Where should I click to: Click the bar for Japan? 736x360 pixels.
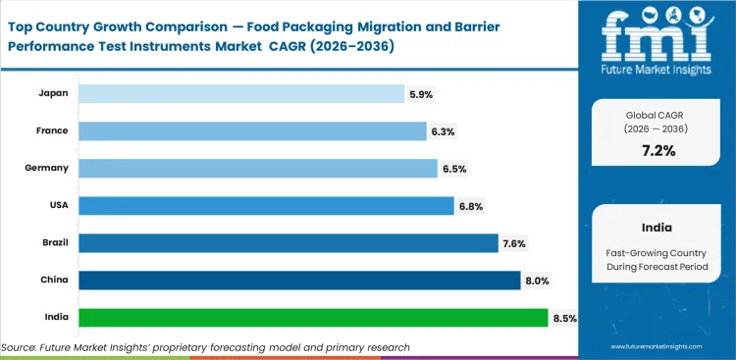240,93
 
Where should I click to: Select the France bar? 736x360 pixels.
250,130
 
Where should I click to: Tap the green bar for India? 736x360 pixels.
312,318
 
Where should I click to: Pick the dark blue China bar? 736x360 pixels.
299,281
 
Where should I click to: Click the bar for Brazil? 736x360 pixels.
288,243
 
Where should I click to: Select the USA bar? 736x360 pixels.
265,206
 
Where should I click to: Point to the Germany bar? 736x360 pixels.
257,169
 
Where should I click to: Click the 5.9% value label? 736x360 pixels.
421,94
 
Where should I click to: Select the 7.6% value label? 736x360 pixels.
515,243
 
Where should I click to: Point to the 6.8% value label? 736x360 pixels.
471,206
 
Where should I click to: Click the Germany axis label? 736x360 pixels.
47,168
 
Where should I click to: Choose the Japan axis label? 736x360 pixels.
53,93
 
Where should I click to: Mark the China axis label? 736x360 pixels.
54,281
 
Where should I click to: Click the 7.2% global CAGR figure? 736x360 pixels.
658,150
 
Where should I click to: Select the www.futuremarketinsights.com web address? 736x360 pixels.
658,347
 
